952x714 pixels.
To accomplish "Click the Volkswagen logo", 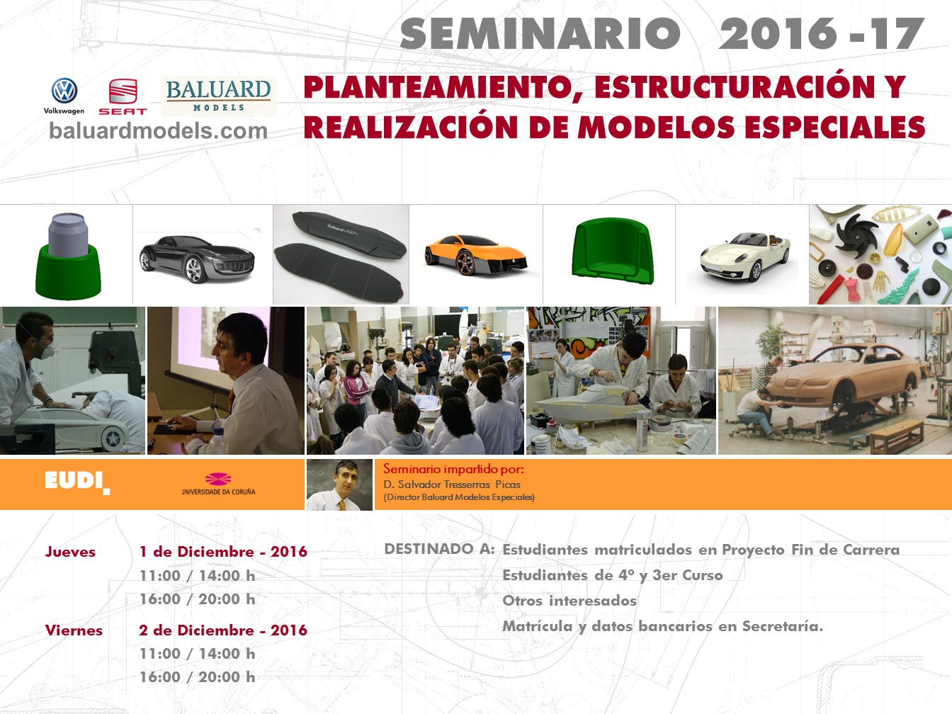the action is coord(64,96).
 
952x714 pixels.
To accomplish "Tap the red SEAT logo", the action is coord(123,96).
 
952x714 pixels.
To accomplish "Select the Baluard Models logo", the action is coord(219,96).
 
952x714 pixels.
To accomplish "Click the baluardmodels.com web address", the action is coord(158,131).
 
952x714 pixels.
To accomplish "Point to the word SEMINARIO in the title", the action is coord(540,34).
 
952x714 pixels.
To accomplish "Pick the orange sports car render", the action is coord(476,255).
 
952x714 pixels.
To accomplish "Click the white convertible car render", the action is coord(745,256).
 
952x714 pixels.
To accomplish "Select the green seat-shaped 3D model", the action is coord(613,251).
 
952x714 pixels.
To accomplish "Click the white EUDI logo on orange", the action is coord(77,482).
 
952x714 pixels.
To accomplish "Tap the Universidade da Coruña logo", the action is coord(218,484).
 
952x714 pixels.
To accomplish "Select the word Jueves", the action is coord(70,551).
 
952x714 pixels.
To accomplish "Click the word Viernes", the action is coord(74,630).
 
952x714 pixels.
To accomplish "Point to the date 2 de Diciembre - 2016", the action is coord(223,630).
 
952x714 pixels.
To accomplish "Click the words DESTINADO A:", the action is coord(439,549).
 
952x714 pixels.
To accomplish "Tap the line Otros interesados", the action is coord(569,601).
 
